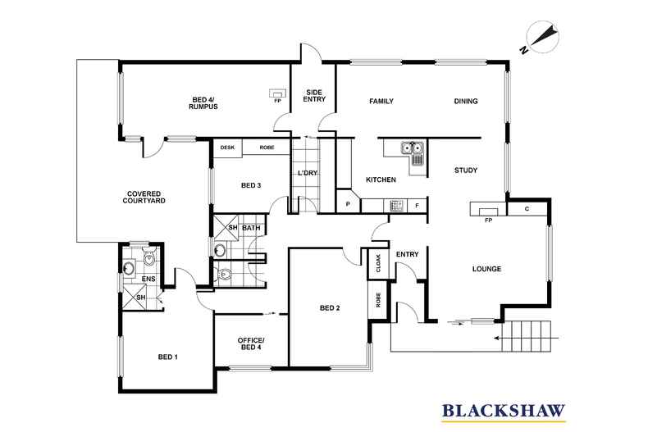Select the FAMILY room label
(x=381, y=102)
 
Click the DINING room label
(x=466, y=102)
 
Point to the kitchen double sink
(x=412, y=148)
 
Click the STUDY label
(x=466, y=171)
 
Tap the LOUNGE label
(x=486, y=269)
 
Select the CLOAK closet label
(x=378, y=262)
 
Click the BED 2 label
(x=330, y=308)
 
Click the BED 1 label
(x=167, y=357)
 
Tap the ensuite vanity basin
(x=129, y=266)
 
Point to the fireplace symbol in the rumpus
(x=279, y=93)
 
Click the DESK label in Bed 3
(x=227, y=148)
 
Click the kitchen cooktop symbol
(x=396, y=205)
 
